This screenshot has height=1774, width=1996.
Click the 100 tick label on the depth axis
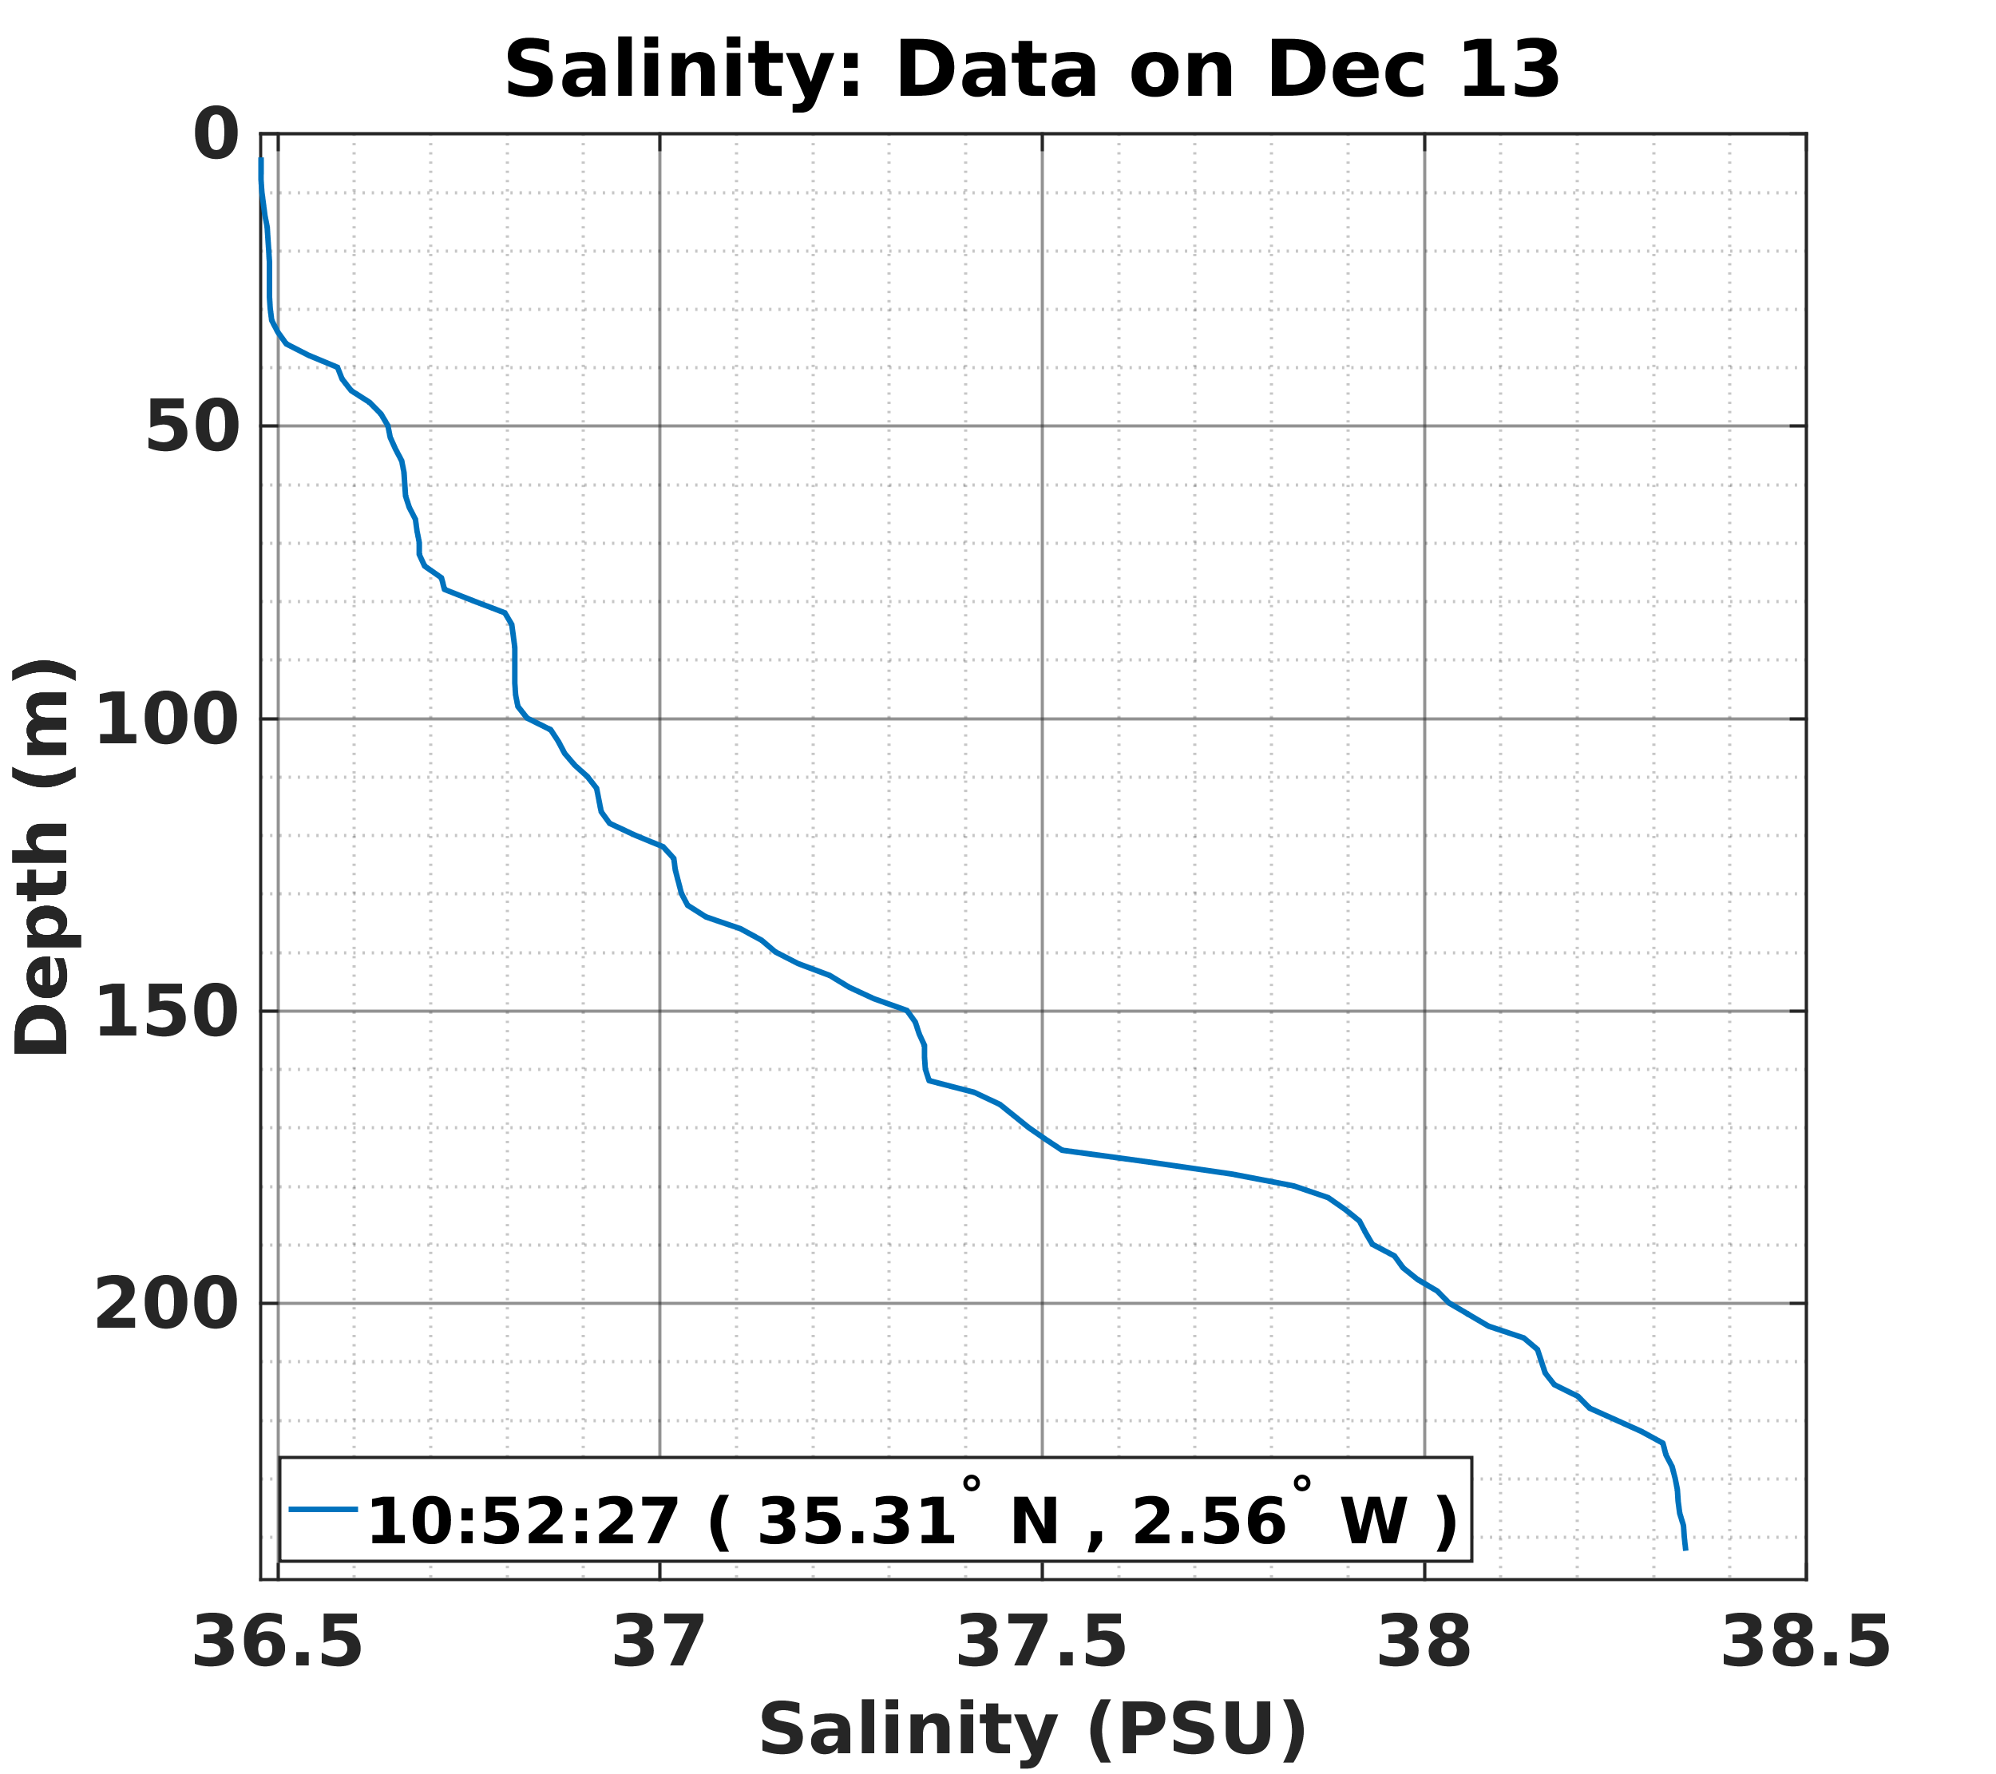pos(167,719)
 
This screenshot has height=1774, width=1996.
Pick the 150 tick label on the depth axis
pos(167,1012)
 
